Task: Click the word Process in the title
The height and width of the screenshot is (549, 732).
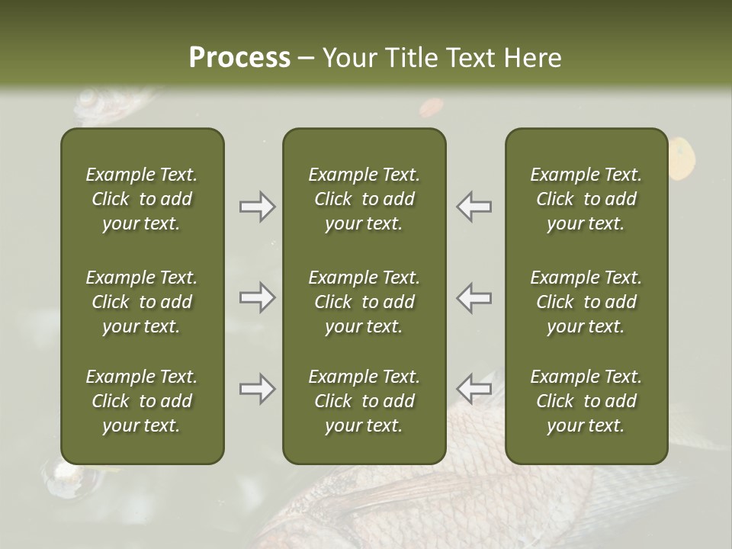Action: click(x=239, y=58)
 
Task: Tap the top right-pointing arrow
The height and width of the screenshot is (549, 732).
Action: click(x=257, y=207)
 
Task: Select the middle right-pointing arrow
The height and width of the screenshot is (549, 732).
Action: click(x=257, y=297)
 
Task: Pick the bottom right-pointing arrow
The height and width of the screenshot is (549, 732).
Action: click(x=257, y=389)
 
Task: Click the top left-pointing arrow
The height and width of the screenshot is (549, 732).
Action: click(x=474, y=207)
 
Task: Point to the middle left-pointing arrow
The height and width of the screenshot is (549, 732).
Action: click(x=474, y=297)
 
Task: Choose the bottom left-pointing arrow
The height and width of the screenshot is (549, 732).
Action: click(x=474, y=389)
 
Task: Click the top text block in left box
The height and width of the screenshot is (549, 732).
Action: click(x=142, y=199)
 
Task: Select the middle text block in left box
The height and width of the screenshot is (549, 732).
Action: click(x=142, y=302)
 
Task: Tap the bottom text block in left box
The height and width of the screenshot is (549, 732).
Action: click(x=142, y=401)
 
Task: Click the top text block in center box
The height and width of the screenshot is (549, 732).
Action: click(x=364, y=199)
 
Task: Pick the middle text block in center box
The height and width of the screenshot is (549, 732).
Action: click(x=364, y=302)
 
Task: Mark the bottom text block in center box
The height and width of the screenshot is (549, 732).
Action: click(x=364, y=401)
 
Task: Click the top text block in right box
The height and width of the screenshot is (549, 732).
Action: click(x=586, y=199)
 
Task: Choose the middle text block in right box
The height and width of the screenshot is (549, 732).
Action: click(x=586, y=302)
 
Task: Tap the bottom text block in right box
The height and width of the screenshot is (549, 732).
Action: click(x=586, y=401)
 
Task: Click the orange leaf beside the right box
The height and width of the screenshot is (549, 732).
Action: click(x=682, y=156)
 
